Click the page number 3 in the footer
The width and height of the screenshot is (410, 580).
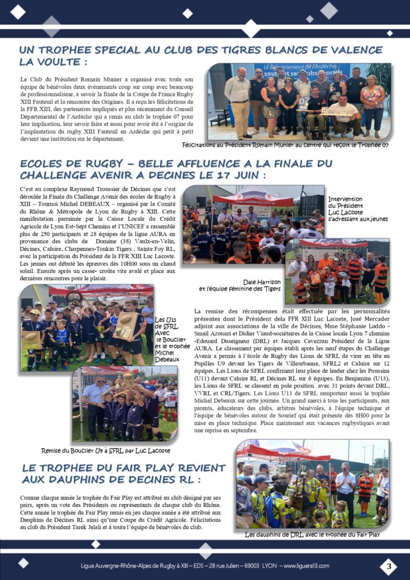(x=388, y=566)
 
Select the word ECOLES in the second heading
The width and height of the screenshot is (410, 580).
(x=42, y=164)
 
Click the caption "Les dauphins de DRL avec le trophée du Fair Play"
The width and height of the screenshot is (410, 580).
(x=312, y=534)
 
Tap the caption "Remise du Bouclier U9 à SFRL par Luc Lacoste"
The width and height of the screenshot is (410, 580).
(x=105, y=450)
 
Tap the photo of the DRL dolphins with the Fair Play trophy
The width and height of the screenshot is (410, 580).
(x=312, y=483)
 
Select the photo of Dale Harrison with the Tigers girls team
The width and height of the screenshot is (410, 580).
(x=337, y=271)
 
